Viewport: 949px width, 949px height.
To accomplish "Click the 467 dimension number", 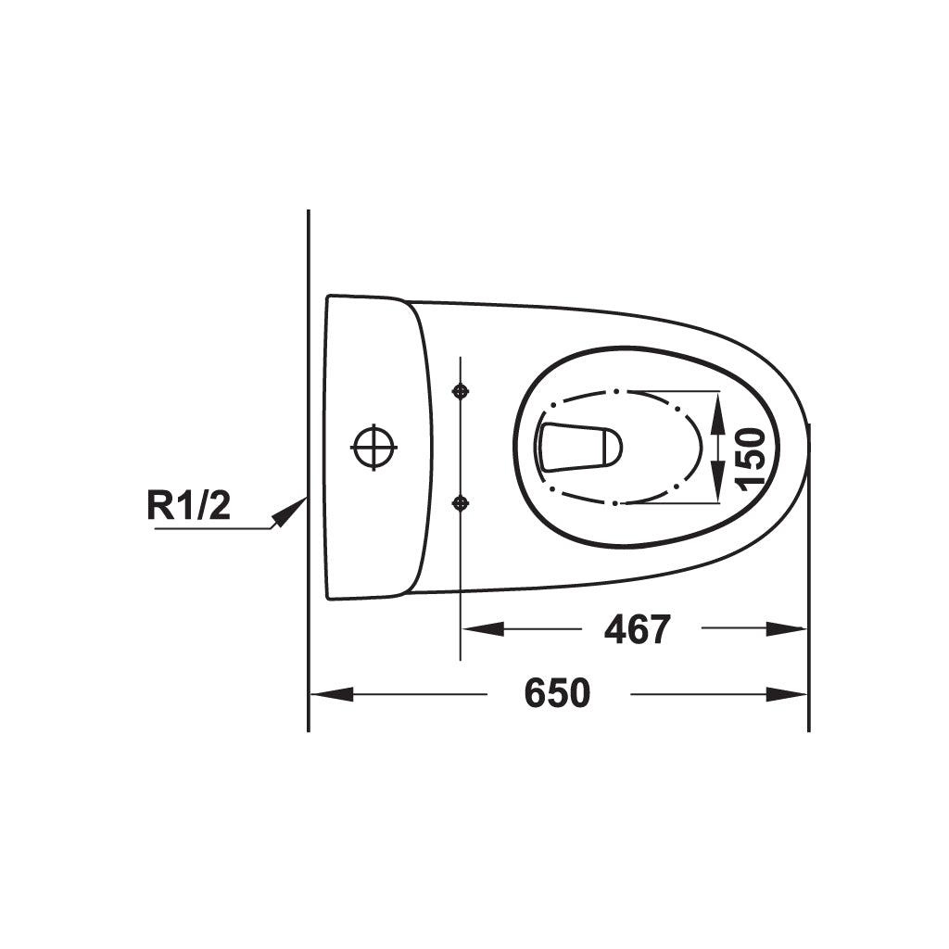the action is point(638,629).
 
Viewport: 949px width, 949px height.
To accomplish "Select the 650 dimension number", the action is point(557,693).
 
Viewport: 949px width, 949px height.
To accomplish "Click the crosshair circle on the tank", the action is point(373,448).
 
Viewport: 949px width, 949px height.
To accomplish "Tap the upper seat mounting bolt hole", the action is point(462,392).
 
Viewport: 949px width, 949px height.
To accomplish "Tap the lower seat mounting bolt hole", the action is point(462,502).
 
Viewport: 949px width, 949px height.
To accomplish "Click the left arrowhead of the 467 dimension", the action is point(483,629).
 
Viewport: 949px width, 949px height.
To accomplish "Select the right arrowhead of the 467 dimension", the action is point(786,629).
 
